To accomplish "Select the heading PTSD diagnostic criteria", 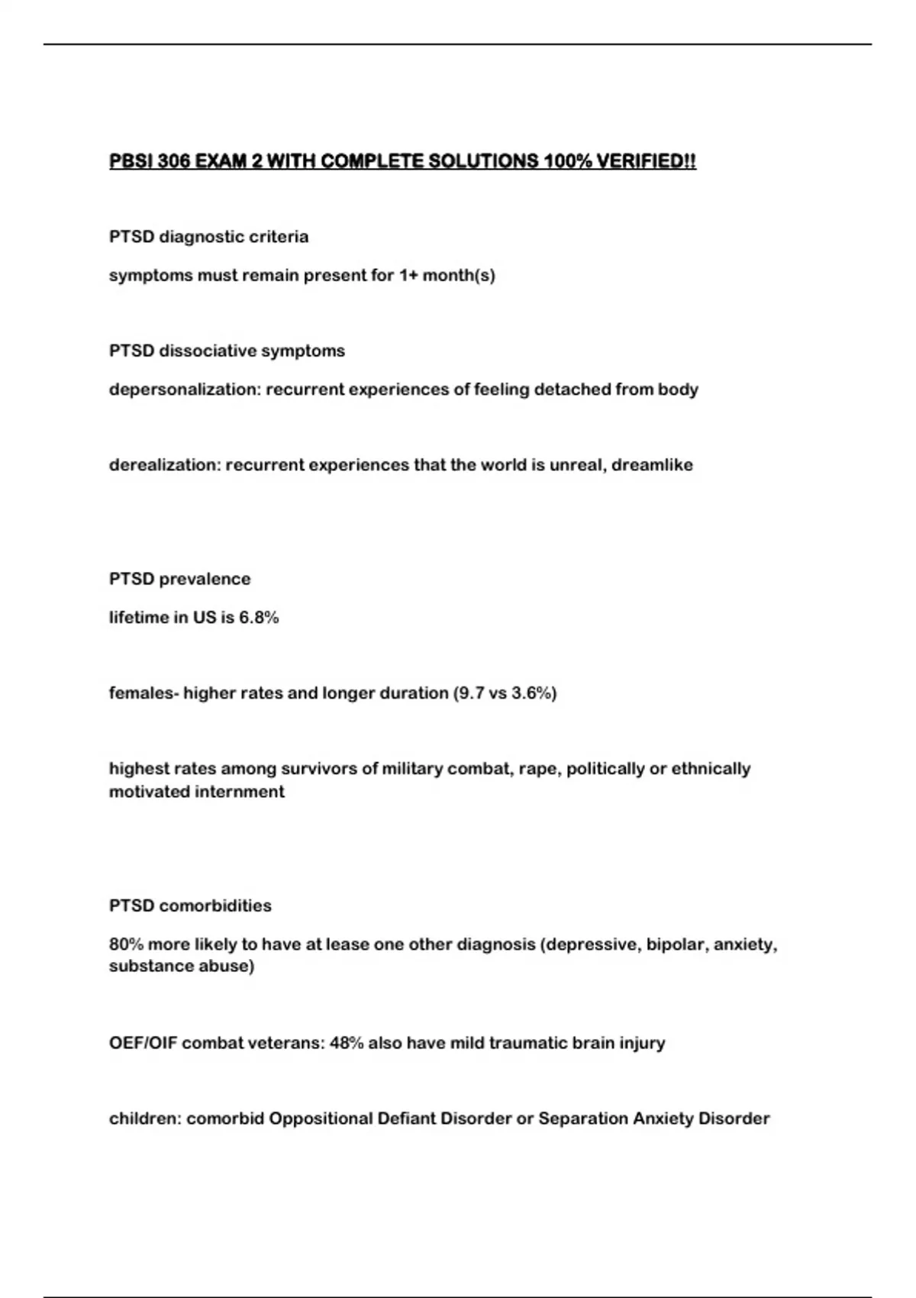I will click(x=208, y=237).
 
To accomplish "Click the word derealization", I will click(x=165, y=465).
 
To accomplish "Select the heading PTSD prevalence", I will click(x=179, y=579).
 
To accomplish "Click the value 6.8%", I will click(x=259, y=617).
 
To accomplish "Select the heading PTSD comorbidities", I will click(x=190, y=906).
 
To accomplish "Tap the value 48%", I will click(x=346, y=1043).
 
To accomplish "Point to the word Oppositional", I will click(x=321, y=1119).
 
